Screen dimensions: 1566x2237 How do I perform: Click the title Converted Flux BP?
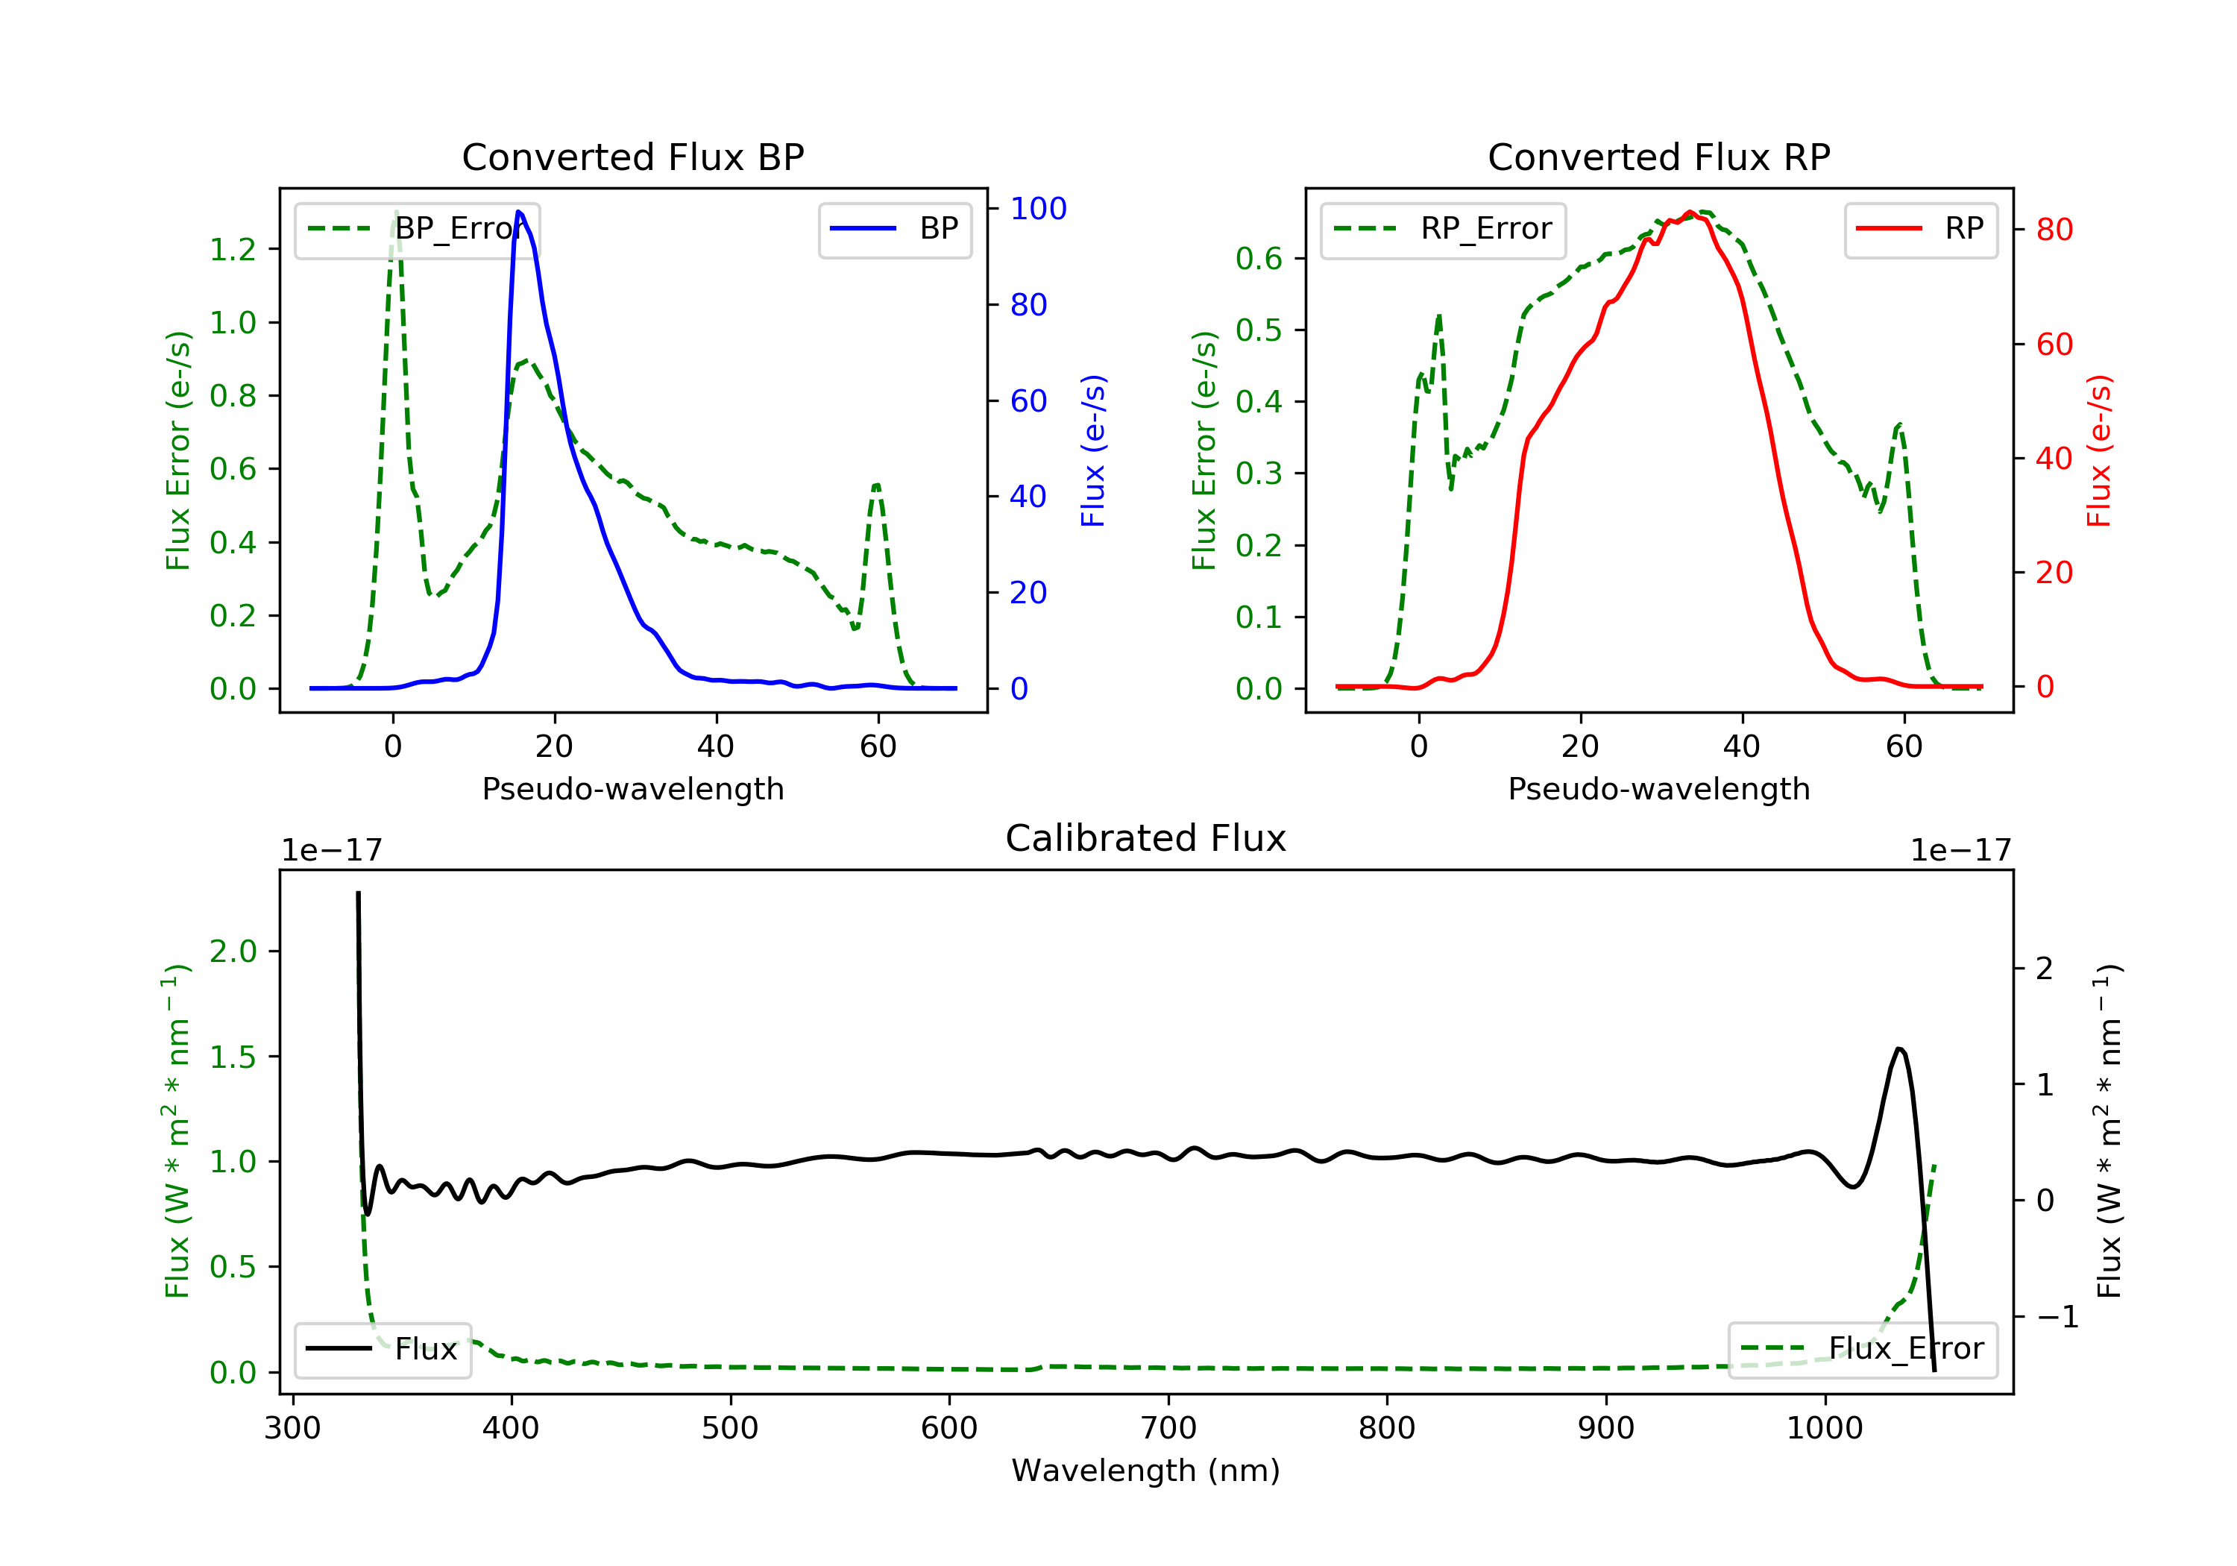click(632, 157)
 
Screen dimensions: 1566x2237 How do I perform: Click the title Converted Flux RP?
click(1658, 157)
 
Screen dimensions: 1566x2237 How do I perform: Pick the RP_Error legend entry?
click(1443, 229)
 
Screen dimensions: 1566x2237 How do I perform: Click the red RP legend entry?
click(1920, 229)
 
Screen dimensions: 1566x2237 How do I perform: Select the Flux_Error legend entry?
click(1862, 1349)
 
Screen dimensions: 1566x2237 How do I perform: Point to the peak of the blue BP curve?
click(518, 212)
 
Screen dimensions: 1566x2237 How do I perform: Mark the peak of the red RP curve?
click(1690, 213)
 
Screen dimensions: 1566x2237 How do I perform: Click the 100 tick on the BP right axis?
click(1038, 209)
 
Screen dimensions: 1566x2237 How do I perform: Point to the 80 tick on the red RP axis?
click(2054, 230)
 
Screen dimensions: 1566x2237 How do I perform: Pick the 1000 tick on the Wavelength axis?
click(1824, 1429)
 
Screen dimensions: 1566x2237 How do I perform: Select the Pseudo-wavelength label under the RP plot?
click(1658, 788)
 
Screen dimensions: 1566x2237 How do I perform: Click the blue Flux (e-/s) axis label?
click(1093, 450)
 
